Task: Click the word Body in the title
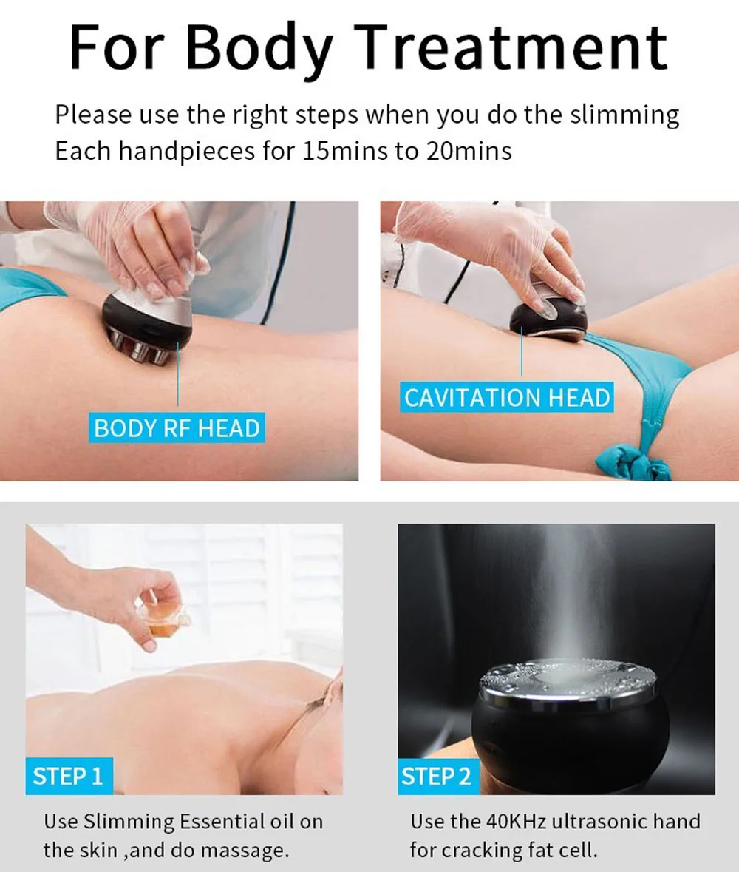pyautogui.click(x=259, y=49)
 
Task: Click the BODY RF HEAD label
pyautogui.click(x=177, y=427)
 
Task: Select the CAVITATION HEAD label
pyautogui.click(x=507, y=397)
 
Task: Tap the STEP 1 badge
pyautogui.click(x=68, y=776)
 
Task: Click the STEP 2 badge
pyautogui.click(x=437, y=776)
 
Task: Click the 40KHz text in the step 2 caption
pyautogui.click(x=517, y=821)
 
